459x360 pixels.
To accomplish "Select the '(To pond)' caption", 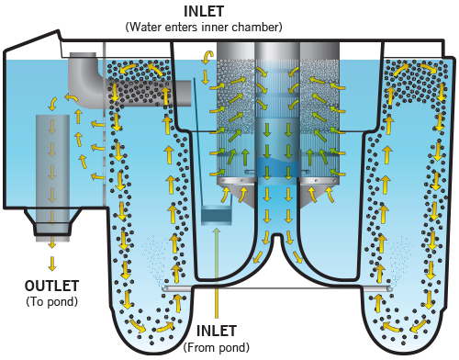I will tap(52, 300).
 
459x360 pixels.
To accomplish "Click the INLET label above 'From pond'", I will tap(218, 331).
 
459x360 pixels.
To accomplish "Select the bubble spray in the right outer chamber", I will tap(401, 253).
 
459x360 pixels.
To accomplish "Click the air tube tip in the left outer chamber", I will tap(166, 287).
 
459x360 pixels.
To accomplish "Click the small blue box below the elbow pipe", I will tap(218, 216).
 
